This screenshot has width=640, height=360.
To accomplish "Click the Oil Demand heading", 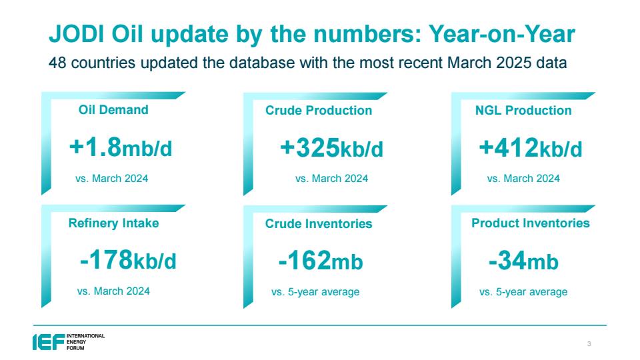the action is click(x=113, y=110).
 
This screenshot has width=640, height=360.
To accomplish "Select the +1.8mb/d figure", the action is click(x=121, y=147).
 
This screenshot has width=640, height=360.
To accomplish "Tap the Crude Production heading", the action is click(x=319, y=110).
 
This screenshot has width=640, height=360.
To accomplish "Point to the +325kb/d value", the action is click(x=331, y=148).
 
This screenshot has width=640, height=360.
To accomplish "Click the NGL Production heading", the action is click(x=523, y=110).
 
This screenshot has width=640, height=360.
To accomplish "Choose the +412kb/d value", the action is click(x=530, y=148).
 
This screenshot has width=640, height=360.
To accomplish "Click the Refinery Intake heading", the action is click(x=113, y=223).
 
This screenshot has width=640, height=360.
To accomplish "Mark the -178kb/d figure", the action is click(x=128, y=260).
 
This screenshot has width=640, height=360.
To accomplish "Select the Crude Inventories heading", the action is click(x=319, y=224).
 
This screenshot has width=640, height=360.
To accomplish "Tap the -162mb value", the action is click(x=321, y=261).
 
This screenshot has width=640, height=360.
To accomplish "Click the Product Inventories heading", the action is click(x=531, y=223).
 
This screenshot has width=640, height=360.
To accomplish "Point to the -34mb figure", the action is click(x=524, y=261).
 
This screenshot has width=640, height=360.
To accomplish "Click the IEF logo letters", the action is click(x=49, y=342).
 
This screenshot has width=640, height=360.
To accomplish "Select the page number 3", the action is click(x=589, y=344).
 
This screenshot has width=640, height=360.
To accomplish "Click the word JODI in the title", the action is click(x=77, y=33).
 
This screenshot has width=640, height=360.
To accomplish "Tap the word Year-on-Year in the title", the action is click(x=501, y=33).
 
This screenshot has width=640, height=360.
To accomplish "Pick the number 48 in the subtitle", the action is click(x=57, y=63).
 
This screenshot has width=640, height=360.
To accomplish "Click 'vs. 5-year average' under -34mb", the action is click(x=523, y=292).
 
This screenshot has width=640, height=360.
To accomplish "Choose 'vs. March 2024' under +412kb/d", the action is click(x=523, y=179).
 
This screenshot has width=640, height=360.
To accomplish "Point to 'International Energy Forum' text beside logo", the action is click(x=86, y=342).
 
